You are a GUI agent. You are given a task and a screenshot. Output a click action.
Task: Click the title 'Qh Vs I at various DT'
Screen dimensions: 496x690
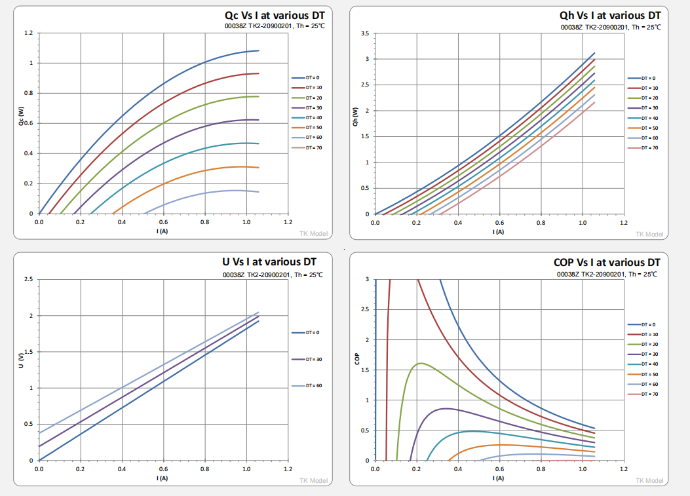tap(610, 15)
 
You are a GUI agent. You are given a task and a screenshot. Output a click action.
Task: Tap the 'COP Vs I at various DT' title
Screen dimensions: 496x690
tap(607, 262)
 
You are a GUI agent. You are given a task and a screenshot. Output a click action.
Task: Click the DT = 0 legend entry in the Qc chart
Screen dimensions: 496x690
tap(307, 77)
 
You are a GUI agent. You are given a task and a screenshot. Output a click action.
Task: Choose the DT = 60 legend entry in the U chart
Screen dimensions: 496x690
tap(307, 385)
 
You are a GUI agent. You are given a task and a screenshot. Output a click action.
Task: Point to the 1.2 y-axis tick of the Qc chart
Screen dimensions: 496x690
tap(28, 33)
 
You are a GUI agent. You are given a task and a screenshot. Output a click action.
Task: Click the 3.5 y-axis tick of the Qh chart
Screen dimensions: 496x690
tap(365, 33)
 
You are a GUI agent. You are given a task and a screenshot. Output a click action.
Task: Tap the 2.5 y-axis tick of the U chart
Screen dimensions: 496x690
tap(28, 279)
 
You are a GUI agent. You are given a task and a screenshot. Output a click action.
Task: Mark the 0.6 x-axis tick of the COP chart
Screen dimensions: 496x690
tap(499, 469)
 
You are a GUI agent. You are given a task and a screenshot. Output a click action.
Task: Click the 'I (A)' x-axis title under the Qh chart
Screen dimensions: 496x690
tap(498, 231)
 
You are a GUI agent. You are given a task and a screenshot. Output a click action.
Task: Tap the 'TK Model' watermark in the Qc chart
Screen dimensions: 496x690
tap(313, 233)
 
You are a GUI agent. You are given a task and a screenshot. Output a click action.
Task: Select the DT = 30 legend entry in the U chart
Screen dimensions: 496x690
tap(307, 359)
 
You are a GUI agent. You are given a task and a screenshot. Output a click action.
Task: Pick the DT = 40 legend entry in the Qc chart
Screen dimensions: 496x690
tap(307, 117)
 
